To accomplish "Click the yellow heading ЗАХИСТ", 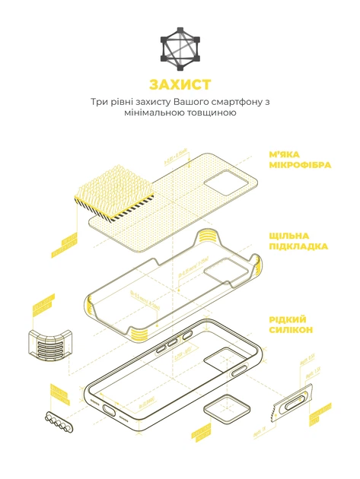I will tap(180, 84).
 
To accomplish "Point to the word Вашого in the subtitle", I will tap(188, 101).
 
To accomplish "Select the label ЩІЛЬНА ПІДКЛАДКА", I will tap(298, 241).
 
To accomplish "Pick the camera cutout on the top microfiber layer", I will tap(230, 182).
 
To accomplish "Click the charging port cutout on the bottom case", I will tap(116, 411).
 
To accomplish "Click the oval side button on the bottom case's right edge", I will tap(239, 370).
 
